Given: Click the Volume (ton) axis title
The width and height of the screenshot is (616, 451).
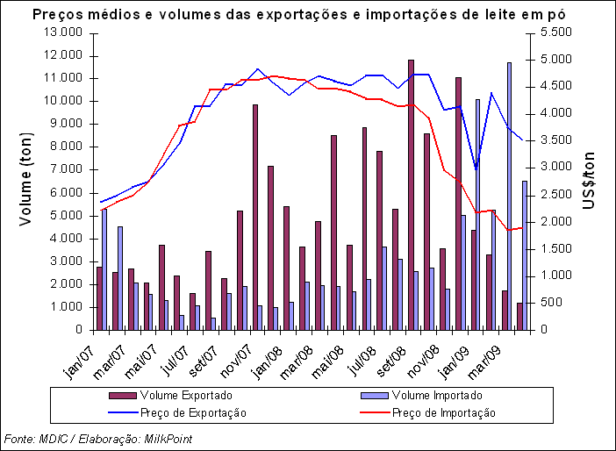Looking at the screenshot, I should (x=27, y=181).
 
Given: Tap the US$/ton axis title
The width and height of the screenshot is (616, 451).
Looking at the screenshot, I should (x=590, y=181).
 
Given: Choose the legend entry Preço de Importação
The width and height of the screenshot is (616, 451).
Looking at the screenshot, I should (x=443, y=412).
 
